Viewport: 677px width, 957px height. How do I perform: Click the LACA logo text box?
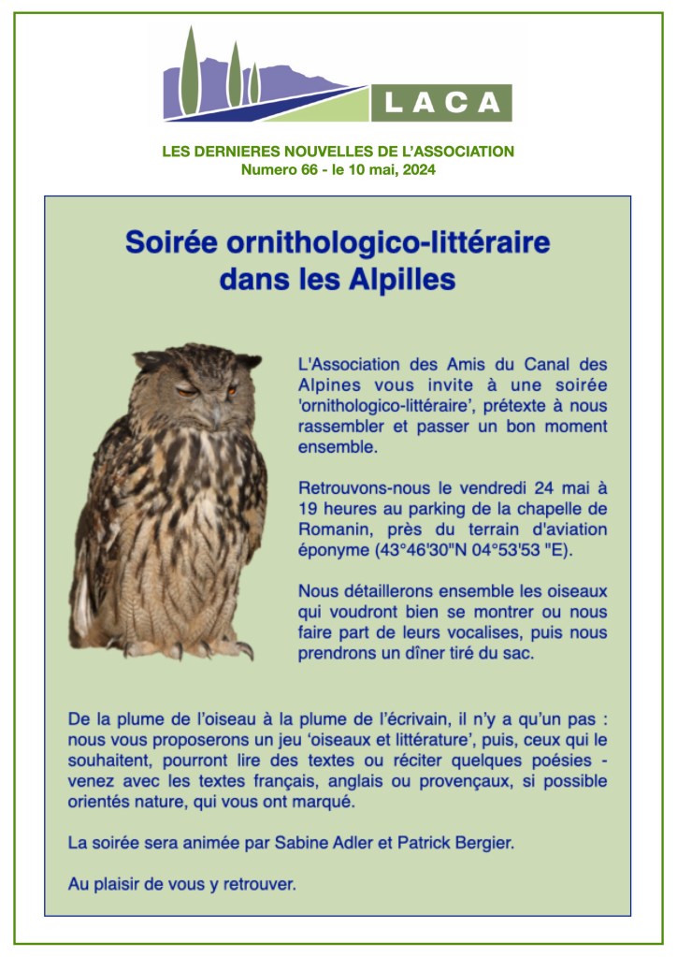(x=441, y=102)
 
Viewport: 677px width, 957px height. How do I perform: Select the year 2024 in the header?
(x=418, y=170)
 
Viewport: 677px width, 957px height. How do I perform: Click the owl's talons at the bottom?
(x=187, y=647)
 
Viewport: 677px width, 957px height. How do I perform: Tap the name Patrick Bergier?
(x=457, y=842)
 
